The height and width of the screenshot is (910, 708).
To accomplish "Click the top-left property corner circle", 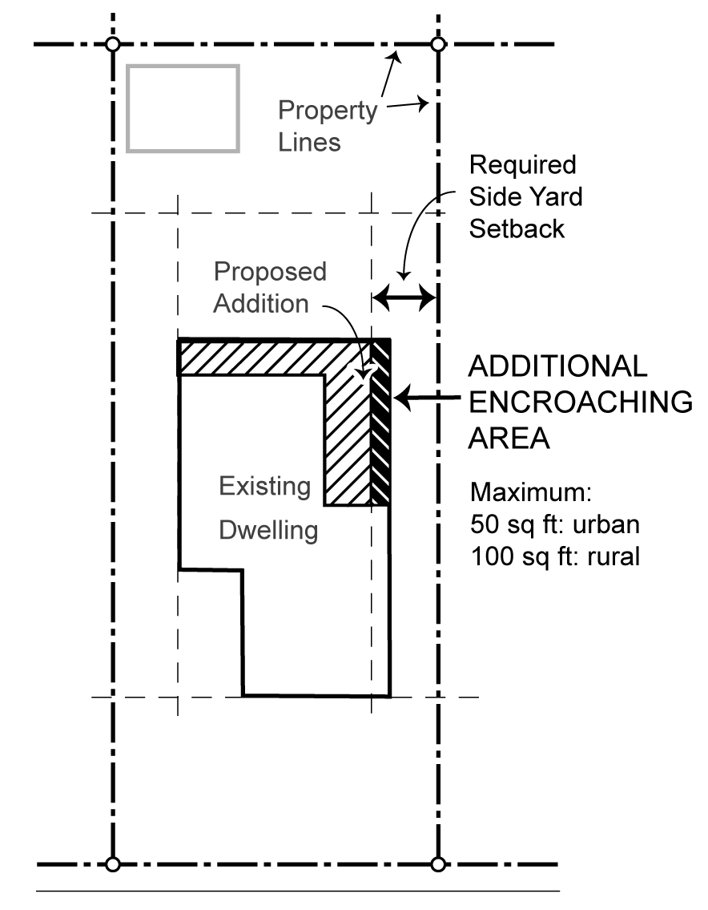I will pos(113,43).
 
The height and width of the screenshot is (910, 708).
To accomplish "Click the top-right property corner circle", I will pos(437,43).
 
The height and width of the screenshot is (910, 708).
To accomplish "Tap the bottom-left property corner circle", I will pos(113,864).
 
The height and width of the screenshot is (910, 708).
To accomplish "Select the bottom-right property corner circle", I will pos(437,864).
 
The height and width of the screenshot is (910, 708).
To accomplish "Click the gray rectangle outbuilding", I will pos(183,108).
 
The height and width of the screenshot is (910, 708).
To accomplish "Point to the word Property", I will pos(327,111).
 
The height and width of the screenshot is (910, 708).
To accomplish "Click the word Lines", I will pos(310,142).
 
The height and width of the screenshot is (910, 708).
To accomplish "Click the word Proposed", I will pos(270,272).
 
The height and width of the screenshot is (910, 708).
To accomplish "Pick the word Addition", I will pos(261,304).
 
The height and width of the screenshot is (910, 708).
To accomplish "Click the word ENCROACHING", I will pos(580,402).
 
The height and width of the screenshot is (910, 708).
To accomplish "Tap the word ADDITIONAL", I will pos(557,366).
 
